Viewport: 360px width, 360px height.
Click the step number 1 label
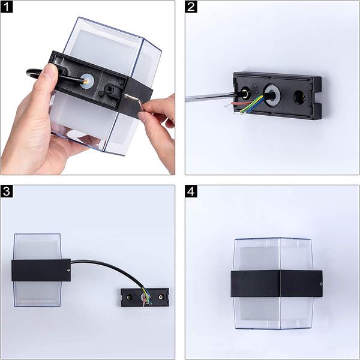point(7,7)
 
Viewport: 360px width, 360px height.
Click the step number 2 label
point(191,7)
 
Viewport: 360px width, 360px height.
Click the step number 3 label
point(7,191)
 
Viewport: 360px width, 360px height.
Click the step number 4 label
point(191,191)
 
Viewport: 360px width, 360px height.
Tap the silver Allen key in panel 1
point(135,100)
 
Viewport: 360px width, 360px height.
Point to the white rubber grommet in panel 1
point(86,80)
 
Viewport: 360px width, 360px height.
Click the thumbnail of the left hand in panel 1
point(49,70)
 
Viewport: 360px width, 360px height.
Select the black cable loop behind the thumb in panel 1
point(34,74)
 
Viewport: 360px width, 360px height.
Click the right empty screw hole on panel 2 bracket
point(299,96)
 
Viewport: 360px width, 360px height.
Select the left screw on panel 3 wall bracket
point(129,298)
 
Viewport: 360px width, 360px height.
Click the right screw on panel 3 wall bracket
point(161,297)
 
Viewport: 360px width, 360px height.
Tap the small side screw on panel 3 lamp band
point(68,270)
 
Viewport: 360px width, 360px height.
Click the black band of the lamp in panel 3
point(41,270)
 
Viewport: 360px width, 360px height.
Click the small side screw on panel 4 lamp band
point(320,284)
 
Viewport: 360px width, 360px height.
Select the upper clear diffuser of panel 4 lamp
point(274,254)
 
